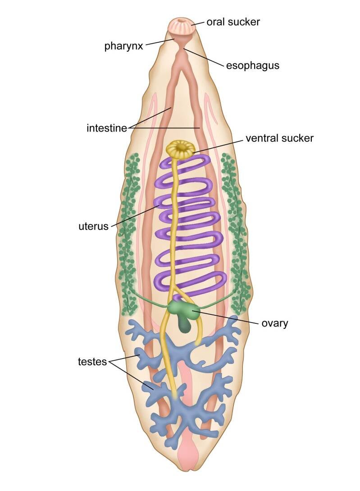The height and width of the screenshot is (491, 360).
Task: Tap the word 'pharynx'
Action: click(x=124, y=46)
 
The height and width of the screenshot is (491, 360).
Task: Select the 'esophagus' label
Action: click(x=252, y=65)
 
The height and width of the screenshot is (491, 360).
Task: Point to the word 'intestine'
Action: click(x=107, y=128)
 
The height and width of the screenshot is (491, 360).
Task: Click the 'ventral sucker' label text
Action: click(x=279, y=138)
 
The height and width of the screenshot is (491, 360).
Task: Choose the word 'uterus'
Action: click(x=93, y=226)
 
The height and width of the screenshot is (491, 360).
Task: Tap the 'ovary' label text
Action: click(x=275, y=323)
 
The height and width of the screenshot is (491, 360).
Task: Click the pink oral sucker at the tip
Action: click(x=182, y=26)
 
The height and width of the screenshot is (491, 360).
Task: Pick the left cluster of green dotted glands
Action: click(x=129, y=234)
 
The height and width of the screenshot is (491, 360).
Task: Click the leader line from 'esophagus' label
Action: click(x=205, y=57)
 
